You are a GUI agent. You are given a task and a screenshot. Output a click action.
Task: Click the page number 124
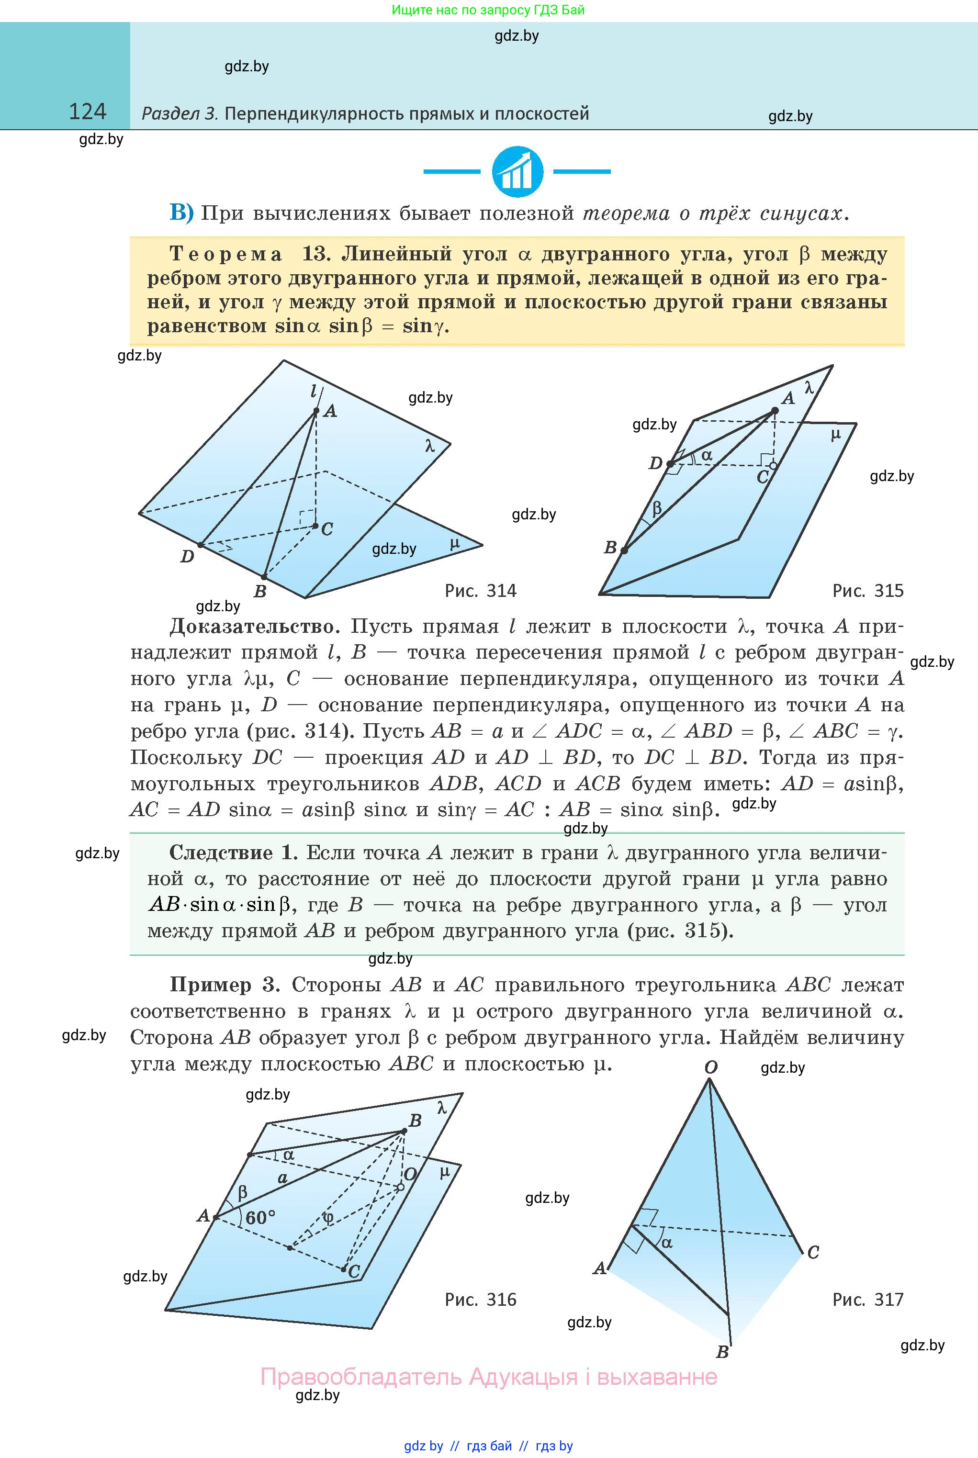point(87,112)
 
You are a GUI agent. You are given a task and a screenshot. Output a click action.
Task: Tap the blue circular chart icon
point(517,171)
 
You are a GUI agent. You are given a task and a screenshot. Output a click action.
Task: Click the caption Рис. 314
point(480,591)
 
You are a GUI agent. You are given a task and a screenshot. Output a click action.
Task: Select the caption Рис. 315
point(867,591)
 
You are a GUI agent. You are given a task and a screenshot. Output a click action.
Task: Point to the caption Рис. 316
point(480,1300)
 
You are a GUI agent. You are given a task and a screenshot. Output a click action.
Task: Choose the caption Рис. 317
point(867,1300)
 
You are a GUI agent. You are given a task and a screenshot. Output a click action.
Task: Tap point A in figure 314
point(316,411)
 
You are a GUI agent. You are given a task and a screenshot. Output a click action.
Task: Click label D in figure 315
point(655,463)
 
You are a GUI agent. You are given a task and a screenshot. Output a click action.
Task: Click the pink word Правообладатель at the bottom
point(360,1376)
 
